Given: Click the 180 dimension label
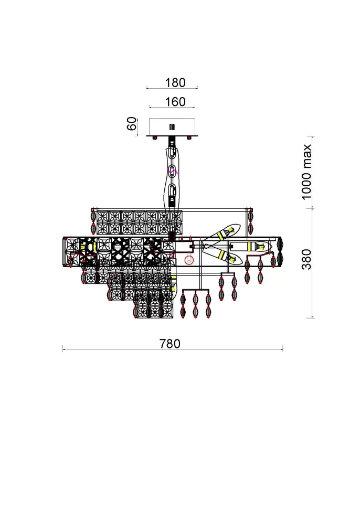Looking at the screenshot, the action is coord(175,83).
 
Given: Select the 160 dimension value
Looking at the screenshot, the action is coord(175,102).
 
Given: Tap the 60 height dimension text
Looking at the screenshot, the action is coord(132,124).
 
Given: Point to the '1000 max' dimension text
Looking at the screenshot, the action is coord(306,172).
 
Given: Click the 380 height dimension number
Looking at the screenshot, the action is coord(306,259).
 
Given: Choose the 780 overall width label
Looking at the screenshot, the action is coord(170,344).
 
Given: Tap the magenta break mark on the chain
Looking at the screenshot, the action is coord(172,170).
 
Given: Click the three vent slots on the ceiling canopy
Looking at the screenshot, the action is coord(172,127).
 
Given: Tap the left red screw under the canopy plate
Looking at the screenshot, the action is coord(154,138).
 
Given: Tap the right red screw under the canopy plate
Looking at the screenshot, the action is coord(189,138).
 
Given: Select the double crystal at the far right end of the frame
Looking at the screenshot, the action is coord(280,251).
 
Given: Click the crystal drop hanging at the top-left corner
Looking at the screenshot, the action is coord(93,222).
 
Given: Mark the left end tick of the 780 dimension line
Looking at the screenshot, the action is coord(62,349).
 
